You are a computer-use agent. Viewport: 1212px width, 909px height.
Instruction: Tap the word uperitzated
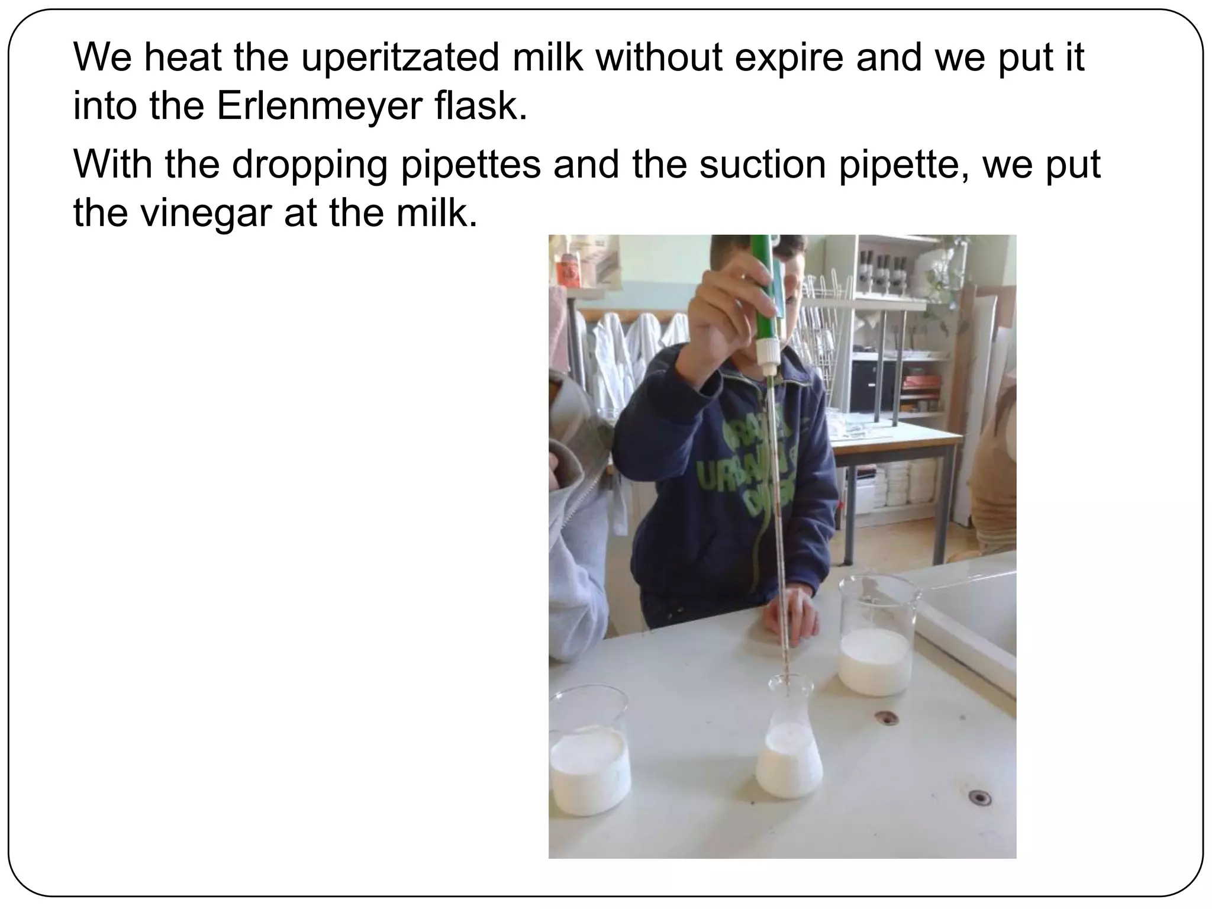coord(401,57)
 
